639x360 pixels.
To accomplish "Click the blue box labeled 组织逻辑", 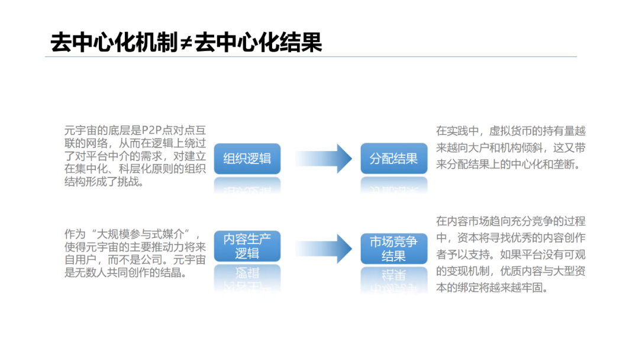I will click(x=247, y=158).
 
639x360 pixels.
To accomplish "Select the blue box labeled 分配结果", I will click(x=393, y=158).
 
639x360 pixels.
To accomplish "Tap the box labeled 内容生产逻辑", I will click(x=247, y=246).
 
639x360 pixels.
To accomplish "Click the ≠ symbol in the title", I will click(x=186, y=43).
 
